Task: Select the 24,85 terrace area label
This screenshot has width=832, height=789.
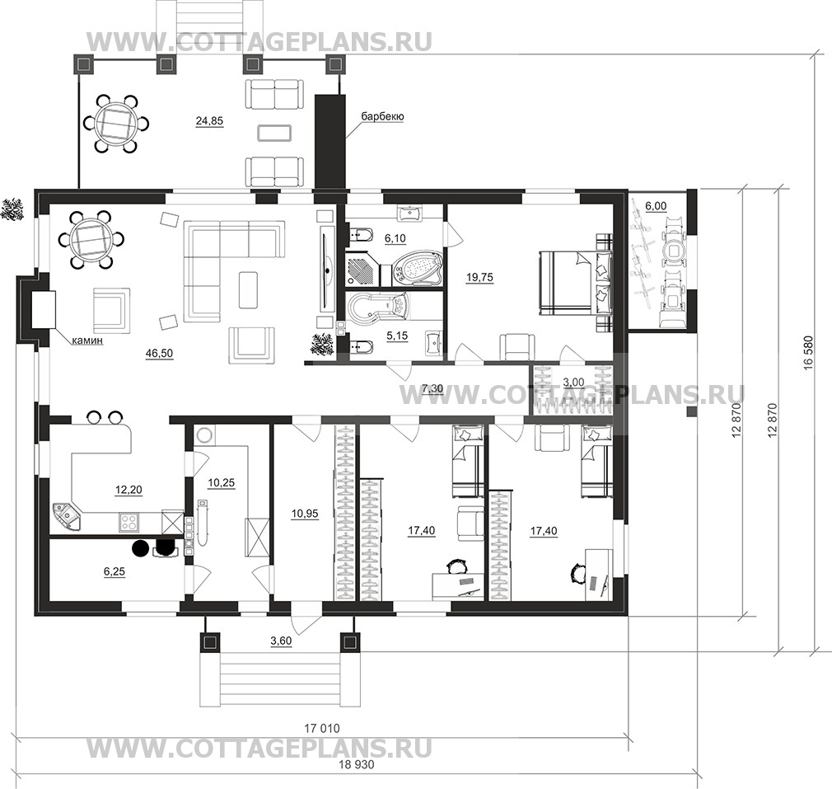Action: click(209, 121)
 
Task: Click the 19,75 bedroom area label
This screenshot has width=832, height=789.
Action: click(479, 278)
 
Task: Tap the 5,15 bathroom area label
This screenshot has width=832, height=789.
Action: click(398, 336)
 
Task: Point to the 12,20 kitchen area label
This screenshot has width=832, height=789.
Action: click(128, 490)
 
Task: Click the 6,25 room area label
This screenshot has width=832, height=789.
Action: click(115, 570)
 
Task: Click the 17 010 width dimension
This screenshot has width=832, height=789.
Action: click(321, 729)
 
